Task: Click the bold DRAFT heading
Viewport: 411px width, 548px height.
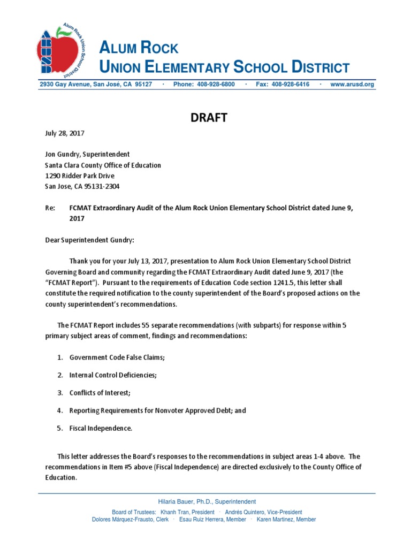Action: pos(209,118)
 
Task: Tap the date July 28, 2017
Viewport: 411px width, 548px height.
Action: pos(64,133)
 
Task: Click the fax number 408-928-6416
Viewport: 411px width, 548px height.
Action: pos(291,85)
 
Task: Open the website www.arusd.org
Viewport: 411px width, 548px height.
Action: pos(352,85)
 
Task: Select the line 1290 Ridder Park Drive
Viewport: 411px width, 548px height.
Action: pos(79,176)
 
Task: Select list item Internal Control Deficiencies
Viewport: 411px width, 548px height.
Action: pos(113,375)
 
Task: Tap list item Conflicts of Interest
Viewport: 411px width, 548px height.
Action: pos(100,392)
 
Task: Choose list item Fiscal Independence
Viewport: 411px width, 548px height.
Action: pos(101,428)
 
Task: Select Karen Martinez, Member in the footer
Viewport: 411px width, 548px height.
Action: pos(286,519)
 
